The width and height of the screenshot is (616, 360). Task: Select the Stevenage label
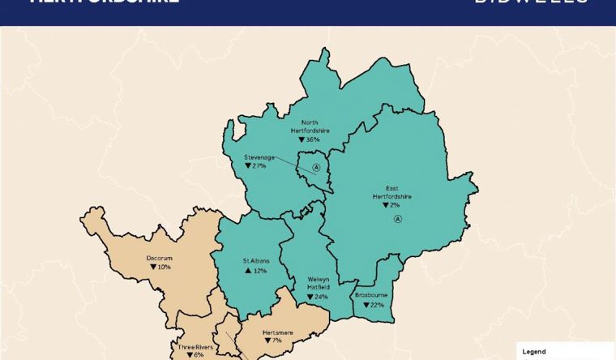259,157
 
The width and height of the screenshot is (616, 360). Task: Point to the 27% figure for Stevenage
259,166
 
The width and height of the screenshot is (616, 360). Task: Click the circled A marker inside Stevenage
317,168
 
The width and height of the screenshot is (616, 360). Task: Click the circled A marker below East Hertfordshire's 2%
397,219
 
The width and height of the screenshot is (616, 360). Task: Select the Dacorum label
159,259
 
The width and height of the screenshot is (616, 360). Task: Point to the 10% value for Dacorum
163,268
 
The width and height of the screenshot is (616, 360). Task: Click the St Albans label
255,261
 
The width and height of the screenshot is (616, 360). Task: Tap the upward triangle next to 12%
248,271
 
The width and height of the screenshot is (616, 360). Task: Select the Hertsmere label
277,332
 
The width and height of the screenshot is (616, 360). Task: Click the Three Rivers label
195,346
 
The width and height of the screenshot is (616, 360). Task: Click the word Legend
533,353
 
